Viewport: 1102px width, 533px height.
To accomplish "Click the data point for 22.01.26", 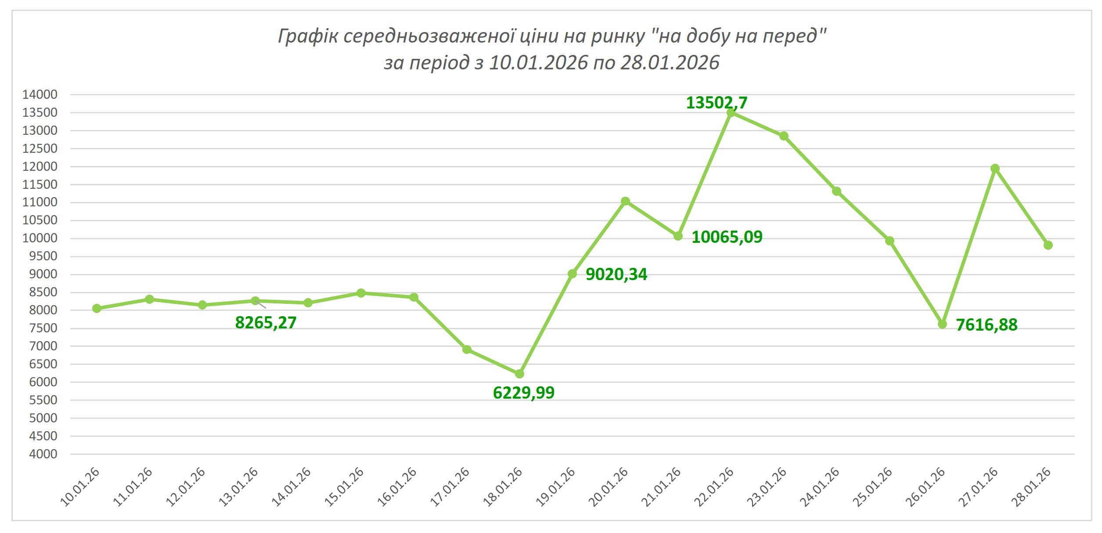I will [x=731, y=113].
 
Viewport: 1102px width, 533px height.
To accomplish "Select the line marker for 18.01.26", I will [x=519, y=374].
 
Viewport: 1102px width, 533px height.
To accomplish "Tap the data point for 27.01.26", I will [x=995, y=169].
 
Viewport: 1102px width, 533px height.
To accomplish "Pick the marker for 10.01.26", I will [x=97, y=308].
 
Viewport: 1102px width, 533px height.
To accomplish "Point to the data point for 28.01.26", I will [x=1048, y=245].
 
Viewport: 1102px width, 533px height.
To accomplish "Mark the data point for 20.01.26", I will [x=626, y=201].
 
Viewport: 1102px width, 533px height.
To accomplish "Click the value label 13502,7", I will [x=717, y=102].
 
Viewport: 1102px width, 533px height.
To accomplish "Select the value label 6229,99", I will [x=523, y=393].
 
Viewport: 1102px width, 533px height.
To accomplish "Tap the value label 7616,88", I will [x=987, y=325].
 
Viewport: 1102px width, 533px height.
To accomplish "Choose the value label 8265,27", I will [x=266, y=323].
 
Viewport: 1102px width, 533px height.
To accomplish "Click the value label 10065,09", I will [x=727, y=237].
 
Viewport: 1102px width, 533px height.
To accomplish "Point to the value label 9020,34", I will [x=616, y=274].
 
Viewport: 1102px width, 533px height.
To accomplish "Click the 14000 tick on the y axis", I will [x=40, y=94].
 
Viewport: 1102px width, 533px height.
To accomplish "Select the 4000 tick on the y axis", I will [x=43, y=454].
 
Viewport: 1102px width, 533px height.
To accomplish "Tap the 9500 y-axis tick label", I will [x=43, y=256].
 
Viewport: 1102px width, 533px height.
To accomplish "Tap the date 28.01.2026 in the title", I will [x=670, y=63].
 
